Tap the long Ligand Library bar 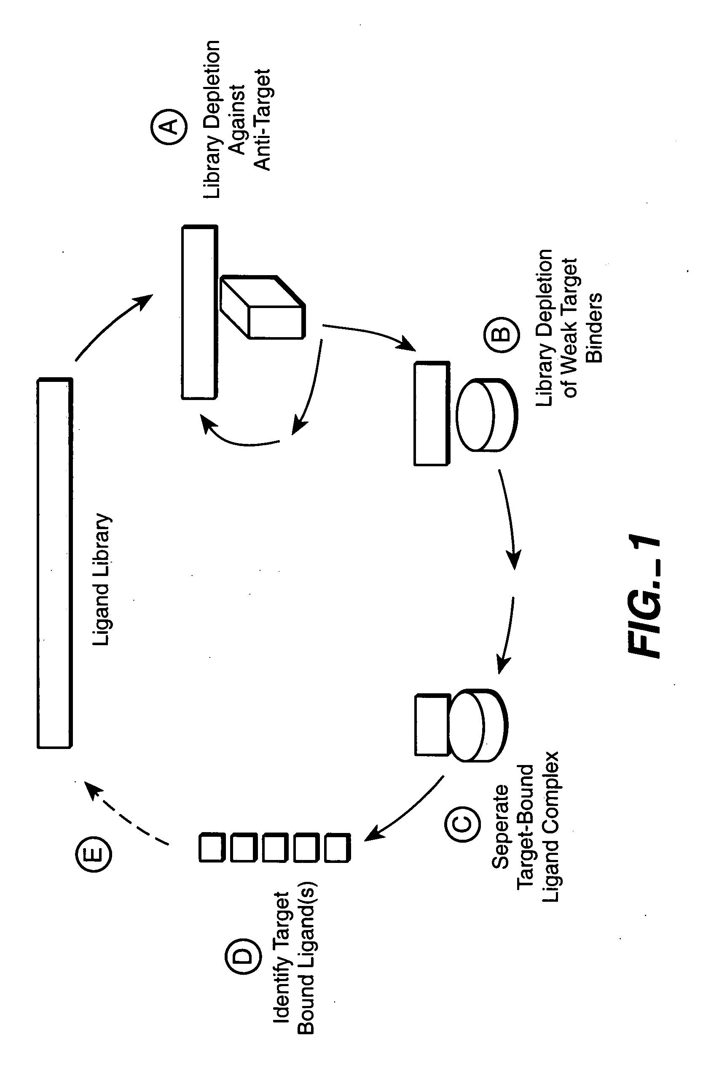click(55, 563)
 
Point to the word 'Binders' click(594, 327)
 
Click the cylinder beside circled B click(487, 415)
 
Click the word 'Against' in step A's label click(238, 120)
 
